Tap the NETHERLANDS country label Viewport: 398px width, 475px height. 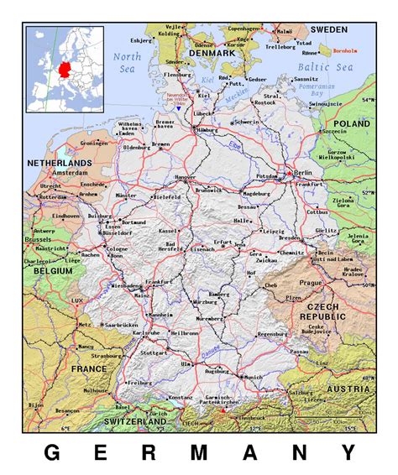59,161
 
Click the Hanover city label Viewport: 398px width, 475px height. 187,178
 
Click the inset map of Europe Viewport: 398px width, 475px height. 65,69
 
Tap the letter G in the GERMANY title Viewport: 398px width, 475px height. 51,453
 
